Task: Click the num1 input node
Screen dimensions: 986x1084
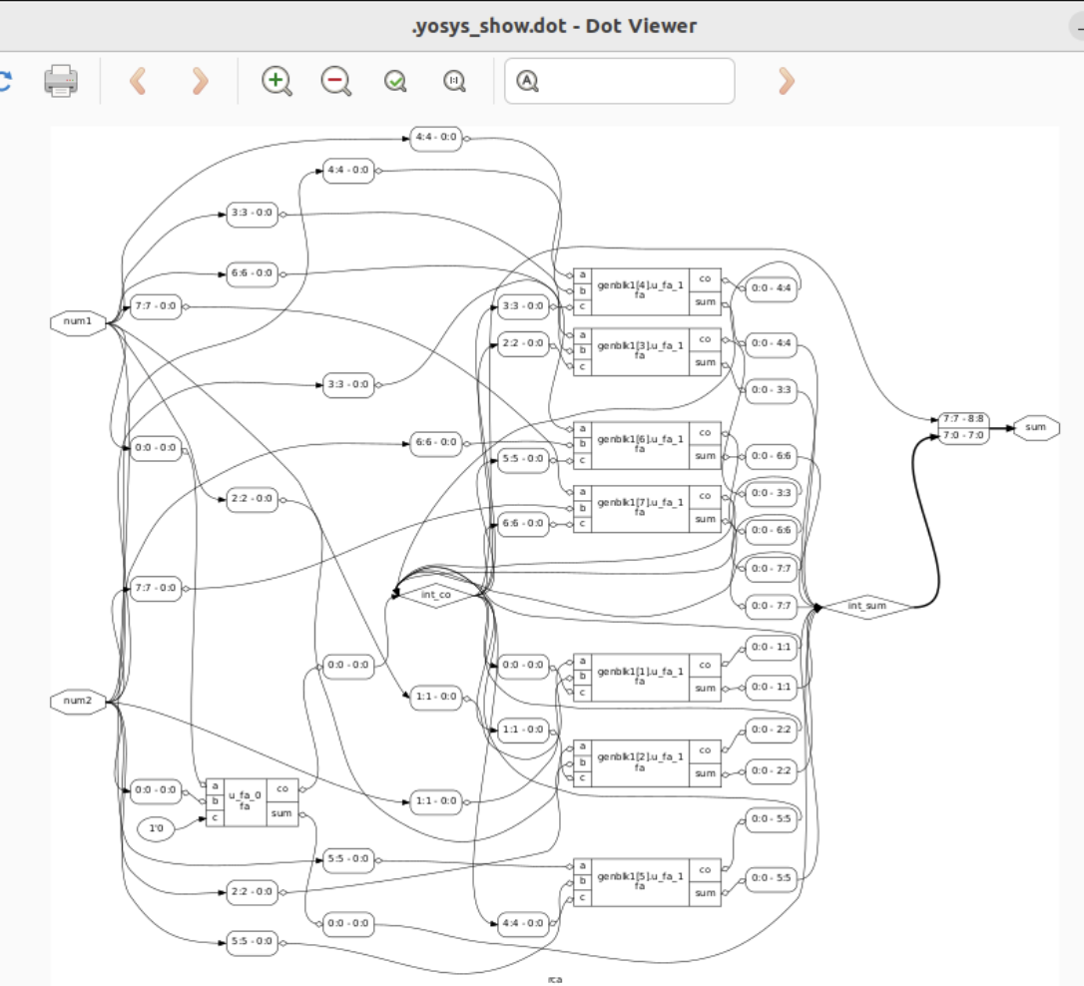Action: pos(78,322)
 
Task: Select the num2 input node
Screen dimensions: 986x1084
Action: pos(78,702)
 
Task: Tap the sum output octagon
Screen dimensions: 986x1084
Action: pos(1036,427)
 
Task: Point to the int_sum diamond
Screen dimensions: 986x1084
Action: pos(866,606)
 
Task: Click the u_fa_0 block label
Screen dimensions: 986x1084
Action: pos(245,799)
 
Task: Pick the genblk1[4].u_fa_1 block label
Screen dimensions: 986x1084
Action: pos(640,290)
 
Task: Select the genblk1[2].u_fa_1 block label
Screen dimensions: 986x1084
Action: pos(640,761)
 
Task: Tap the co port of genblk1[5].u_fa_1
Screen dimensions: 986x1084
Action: pos(705,868)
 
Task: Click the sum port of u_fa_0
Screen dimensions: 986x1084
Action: pos(282,813)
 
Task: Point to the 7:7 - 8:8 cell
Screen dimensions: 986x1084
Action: pos(963,419)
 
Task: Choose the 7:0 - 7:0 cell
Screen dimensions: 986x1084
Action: pos(963,435)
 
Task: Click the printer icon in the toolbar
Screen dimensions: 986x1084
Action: pos(61,81)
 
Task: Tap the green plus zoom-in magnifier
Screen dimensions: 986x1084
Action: pos(276,81)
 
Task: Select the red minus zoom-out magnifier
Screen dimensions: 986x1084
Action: pos(335,81)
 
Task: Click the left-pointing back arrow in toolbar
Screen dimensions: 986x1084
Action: pos(139,81)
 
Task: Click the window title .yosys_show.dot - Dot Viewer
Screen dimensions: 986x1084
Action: pos(554,25)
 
